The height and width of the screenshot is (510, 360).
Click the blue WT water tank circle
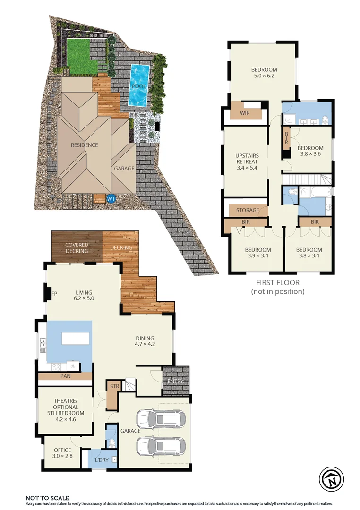(x=111, y=199)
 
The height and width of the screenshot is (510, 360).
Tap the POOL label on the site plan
(x=139, y=87)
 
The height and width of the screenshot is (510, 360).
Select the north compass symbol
(x=332, y=479)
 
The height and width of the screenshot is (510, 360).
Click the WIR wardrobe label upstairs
(x=245, y=113)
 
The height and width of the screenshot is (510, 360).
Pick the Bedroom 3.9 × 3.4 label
(x=257, y=253)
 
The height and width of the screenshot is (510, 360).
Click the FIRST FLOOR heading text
(x=277, y=283)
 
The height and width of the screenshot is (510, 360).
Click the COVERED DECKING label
(x=77, y=248)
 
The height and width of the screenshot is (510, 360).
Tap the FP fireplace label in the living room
(x=54, y=294)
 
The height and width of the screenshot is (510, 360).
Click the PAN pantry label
(x=65, y=376)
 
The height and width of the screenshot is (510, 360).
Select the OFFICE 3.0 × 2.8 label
(x=62, y=453)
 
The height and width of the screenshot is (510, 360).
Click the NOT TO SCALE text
(x=47, y=498)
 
